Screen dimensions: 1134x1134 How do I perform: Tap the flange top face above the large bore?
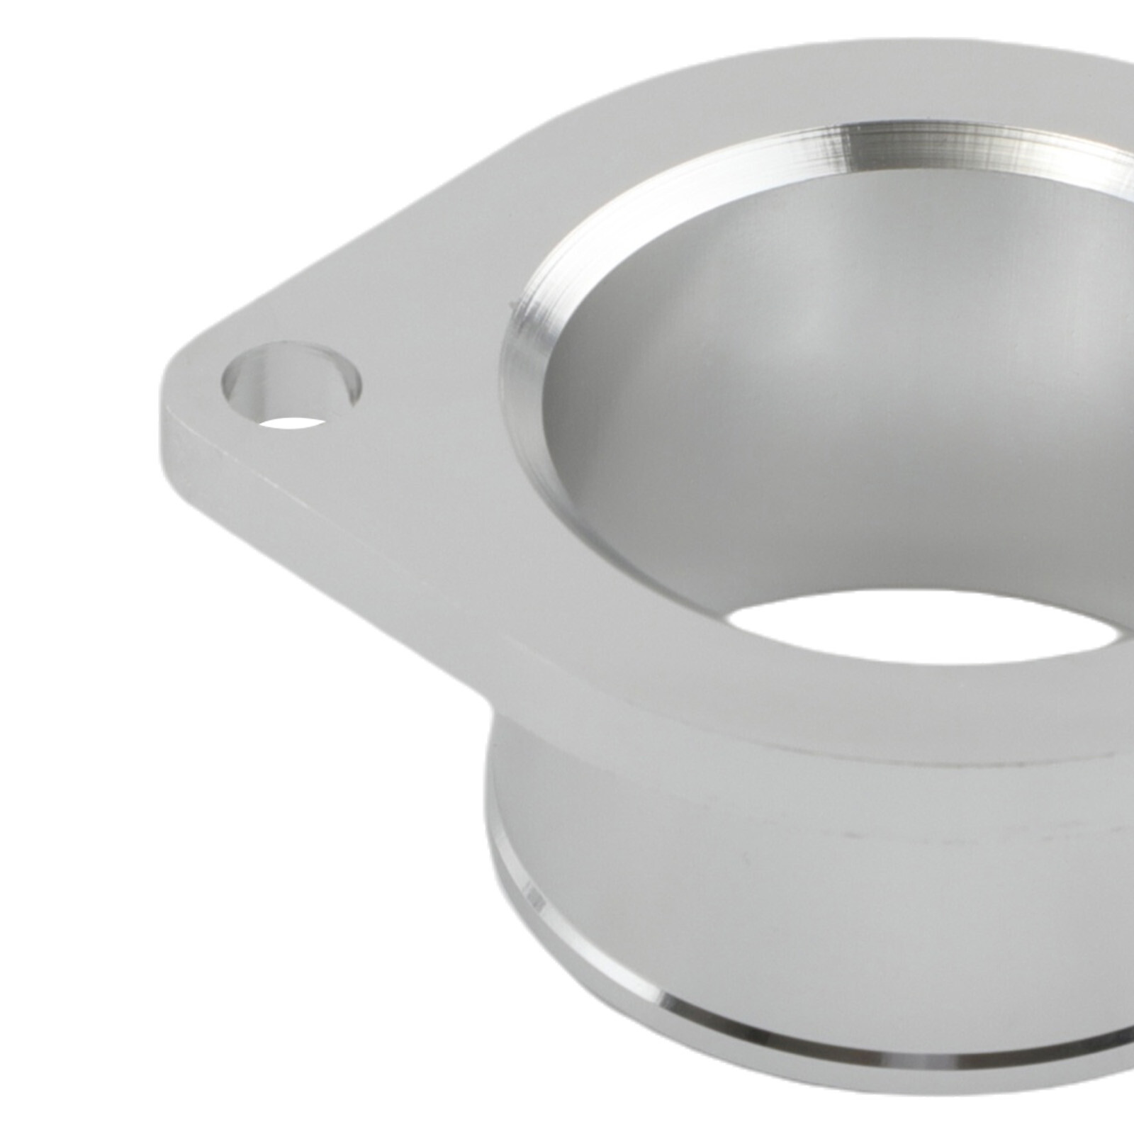point(709,92)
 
